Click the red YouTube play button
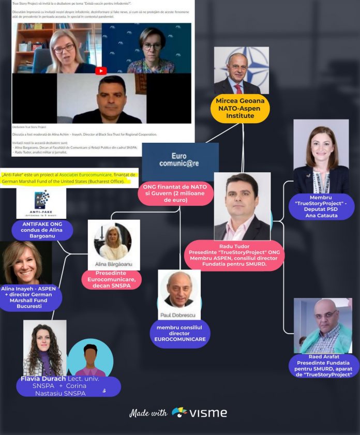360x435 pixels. coord(101,71)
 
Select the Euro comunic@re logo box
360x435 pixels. coord(180,160)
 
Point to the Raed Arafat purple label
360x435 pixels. coord(324,366)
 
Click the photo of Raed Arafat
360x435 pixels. coord(322,326)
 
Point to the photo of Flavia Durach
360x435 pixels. coord(44,347)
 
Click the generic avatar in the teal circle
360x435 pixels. coord(90,358)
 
